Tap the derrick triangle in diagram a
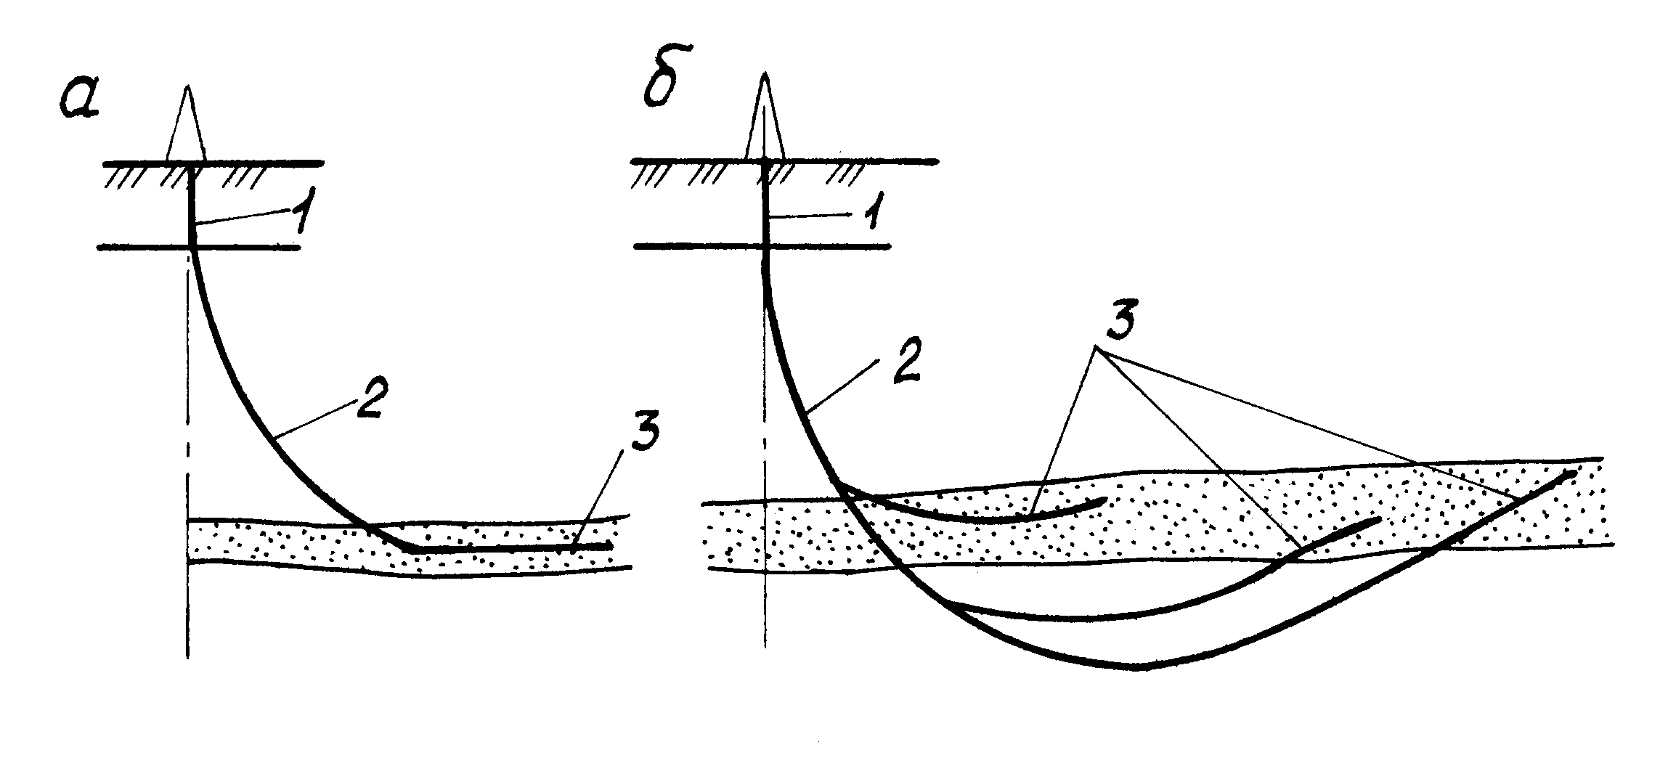(188, 131)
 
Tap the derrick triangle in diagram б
(765, 123)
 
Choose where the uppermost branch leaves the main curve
(842, 485)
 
